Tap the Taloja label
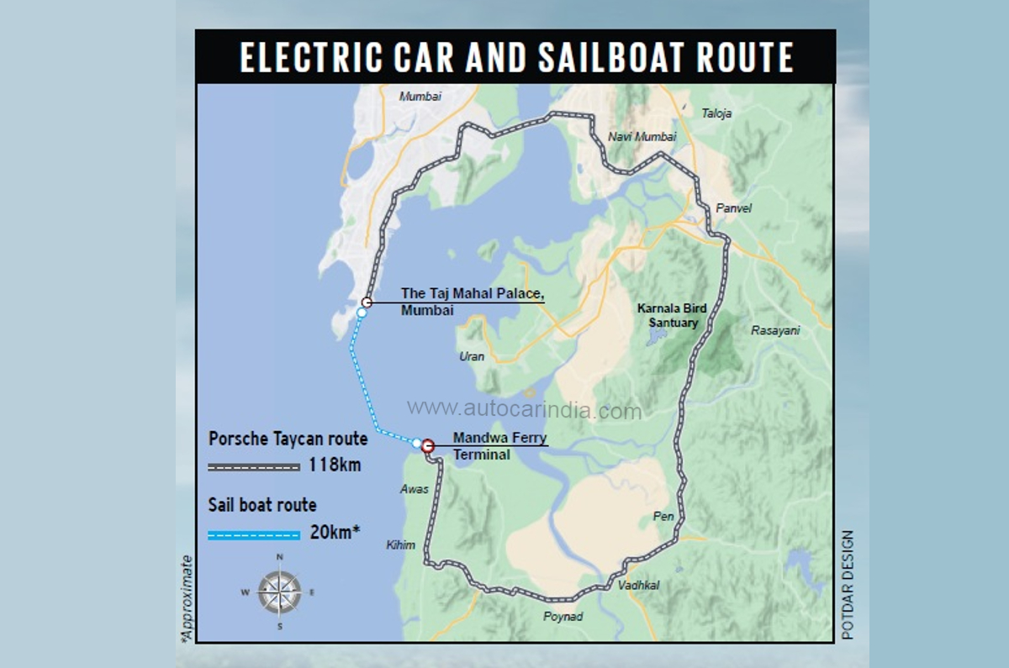click(x=716, y=113)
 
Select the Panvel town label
click(x=733, y=208)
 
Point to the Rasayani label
click(x=775, y=331)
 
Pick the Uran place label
click(x=472, y=356)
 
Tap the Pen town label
click(x=663, y=517)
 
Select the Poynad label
click(x=563, y=617)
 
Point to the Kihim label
click(x=400, y=545)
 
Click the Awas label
click(x=415, y=489)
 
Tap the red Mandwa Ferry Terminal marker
click(x=427, y=446)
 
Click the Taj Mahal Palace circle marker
click(x=367, y=302)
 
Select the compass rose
click(x=279, y=592)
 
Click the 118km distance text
click(x=335, y=464)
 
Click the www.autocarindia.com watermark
click(x=524, y=410)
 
